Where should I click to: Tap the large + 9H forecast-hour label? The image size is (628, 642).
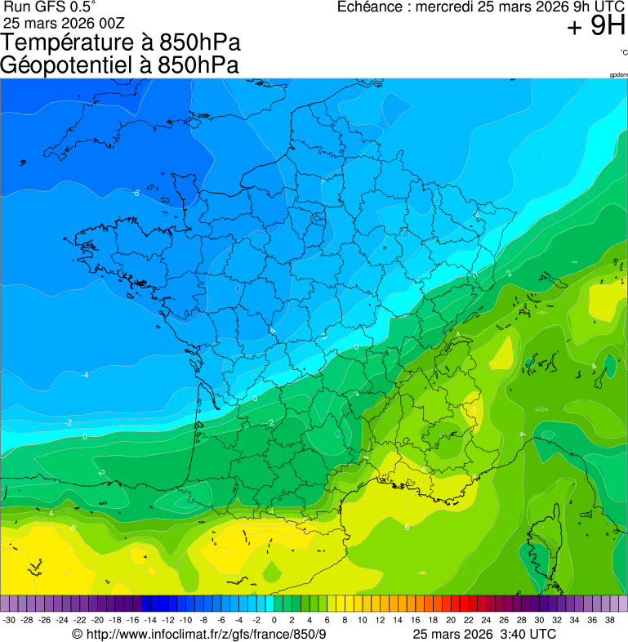click(x=596, y=28)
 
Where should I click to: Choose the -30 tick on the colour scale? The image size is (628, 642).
click(x=10, y=620)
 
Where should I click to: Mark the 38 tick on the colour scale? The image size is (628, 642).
click(x=609, y=620)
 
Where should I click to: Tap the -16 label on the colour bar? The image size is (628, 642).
click(x=133, y=620)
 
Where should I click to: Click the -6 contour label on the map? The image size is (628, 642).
click(x=136, y=193)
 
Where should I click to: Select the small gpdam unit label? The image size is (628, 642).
click(x=618, y=75)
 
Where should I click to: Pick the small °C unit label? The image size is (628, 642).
click(x=623, y=52)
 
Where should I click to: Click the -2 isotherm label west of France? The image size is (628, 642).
click(x=69, y=422)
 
